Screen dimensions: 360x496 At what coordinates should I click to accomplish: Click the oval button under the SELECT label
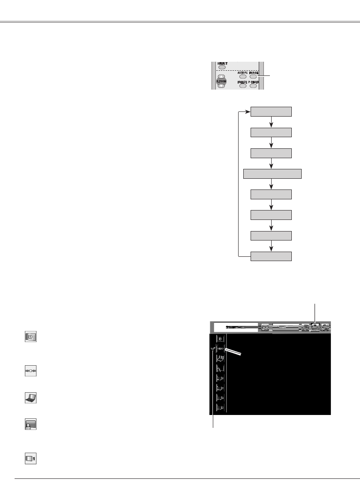pos(221,67)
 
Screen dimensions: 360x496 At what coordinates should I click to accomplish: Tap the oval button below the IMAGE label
pos(253,77)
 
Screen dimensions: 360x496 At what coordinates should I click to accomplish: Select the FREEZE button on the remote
pos(243,85)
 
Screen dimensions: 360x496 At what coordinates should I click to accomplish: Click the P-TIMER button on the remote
pos(253,85)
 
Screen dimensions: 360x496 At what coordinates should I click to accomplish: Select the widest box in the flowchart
pos(272,174)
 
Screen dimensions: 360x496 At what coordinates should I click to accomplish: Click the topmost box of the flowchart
pos(271,112)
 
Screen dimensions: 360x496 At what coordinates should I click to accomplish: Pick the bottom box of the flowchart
pos(271,256)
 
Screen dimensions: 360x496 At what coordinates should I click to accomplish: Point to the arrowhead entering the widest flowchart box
pos(271,167)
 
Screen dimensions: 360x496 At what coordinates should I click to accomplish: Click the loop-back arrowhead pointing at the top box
pos(248,112)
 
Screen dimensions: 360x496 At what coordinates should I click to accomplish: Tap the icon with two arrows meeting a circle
pos(30,372)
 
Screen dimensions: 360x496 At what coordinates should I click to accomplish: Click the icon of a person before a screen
pos(30,424)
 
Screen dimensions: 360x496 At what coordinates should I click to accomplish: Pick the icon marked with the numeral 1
pos(30,458)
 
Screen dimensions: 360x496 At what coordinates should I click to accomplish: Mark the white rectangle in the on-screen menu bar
pos(236,327)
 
